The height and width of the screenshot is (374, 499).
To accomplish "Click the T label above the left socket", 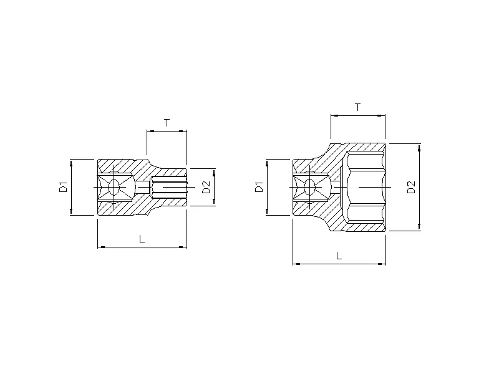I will [x=167, y=123].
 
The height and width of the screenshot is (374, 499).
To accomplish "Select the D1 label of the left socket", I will [x=63, y=186].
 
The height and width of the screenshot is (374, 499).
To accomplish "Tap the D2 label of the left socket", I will [x=206, y=186].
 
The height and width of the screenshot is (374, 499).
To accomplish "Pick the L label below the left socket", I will [x=142, y=239].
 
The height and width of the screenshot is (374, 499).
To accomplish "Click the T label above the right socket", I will [x=357, y=107].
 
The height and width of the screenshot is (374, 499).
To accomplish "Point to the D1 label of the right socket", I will [x=259, y=186].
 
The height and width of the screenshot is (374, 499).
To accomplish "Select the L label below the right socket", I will [x=339, y=256].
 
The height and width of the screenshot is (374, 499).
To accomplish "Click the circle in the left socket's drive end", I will [x=114, y=186].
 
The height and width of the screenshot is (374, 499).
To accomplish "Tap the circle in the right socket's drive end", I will [x=310, y=186].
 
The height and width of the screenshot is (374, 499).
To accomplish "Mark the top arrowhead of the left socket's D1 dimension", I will [x=72, y=162].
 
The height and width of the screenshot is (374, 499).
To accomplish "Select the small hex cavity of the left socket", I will [x=168, y=186].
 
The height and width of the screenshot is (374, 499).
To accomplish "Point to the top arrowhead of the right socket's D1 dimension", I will [x=268, y=162].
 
